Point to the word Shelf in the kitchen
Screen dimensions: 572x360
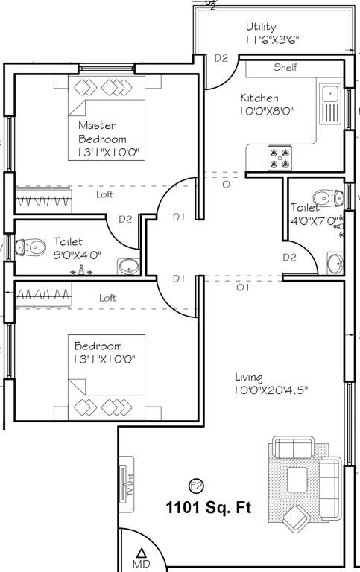pyautogui.click(x=285, y=67)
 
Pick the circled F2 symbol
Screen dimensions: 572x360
pyautogui.click(x=197, y=486)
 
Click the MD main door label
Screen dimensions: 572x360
pyautogui.click(x=141, y=559)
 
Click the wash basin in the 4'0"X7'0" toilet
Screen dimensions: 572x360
pyautogui.click(x=335, y=261)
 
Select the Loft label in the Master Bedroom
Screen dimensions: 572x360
pyautogui.click(x=105, y=195)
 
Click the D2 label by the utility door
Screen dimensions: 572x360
pyautogui.click(x=221, y=58)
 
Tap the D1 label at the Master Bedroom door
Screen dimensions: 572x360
pyautogui.click(x=178, y=217)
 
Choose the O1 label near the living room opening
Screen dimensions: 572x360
pyautogui.click(x=241, y=287)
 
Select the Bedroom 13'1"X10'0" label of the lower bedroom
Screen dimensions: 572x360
pyautogui.click(x=104, y=352)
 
